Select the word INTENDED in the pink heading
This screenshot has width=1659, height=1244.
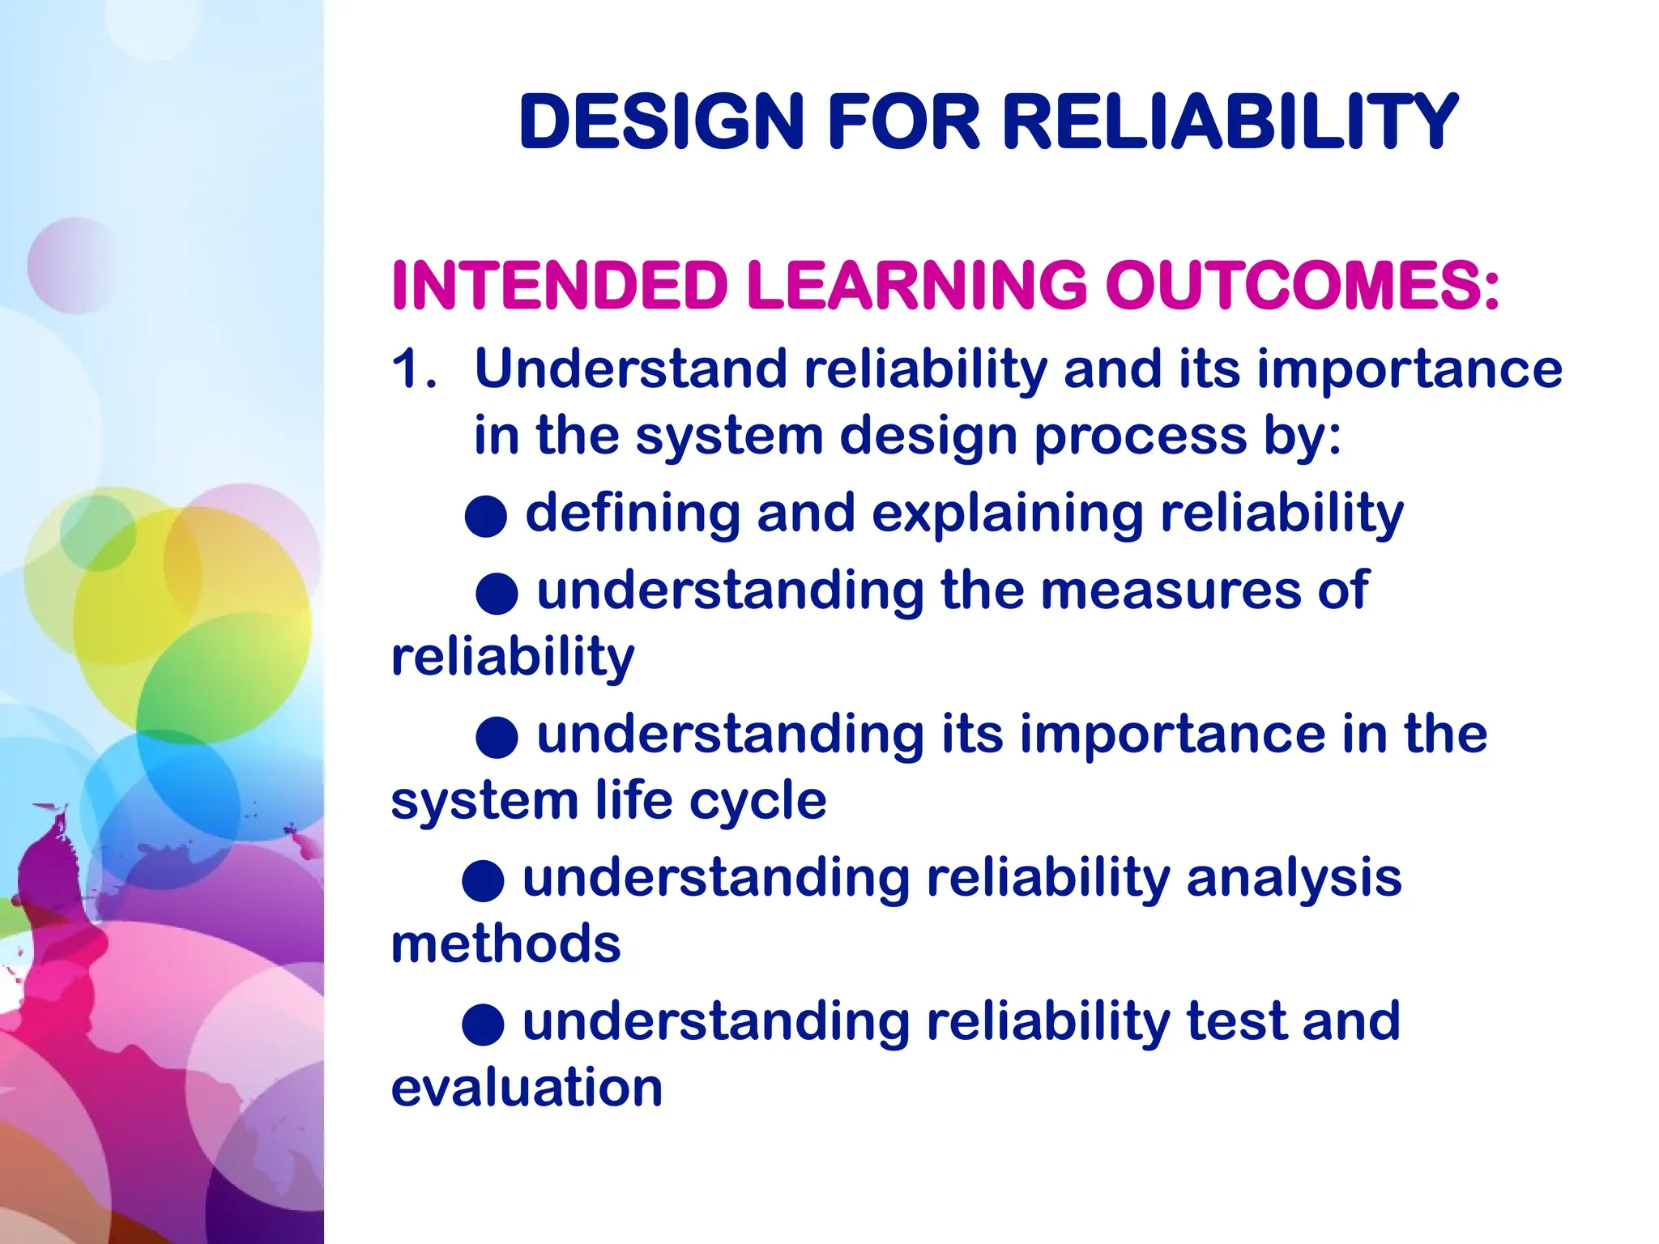pos(560,285)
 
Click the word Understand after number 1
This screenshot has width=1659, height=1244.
pos(630,369)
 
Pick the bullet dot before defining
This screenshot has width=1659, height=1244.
pos(486,516)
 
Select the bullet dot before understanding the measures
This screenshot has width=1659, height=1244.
pos(497,594)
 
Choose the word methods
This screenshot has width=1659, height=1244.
pos(505,944)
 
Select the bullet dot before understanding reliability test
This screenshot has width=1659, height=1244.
pos(484,1025)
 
